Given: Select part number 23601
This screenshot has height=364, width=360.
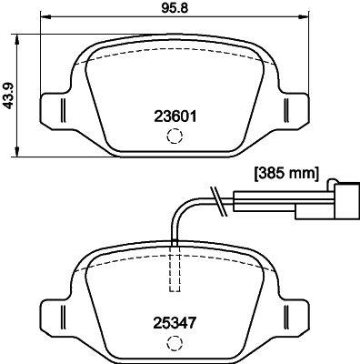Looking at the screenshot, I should (174, 116).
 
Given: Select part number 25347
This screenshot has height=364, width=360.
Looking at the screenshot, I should (174, 320).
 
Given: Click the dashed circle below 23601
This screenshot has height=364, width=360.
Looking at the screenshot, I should (174, 136).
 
